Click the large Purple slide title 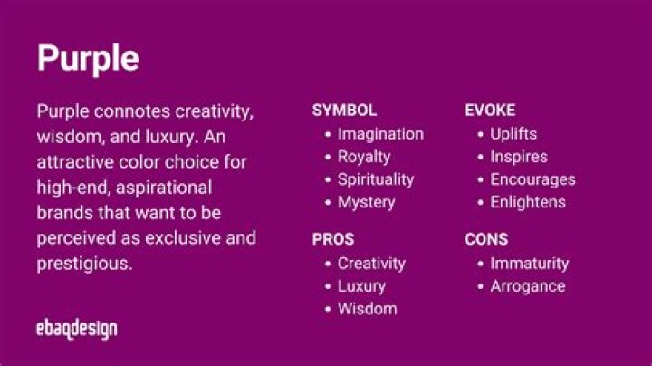click(88, 59)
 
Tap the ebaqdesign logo click(77, 328)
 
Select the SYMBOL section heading click(344, 111)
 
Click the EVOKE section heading click(490, 111)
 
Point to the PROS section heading click(333, 240)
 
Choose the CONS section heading click(486, 240)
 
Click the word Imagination click(380, 134)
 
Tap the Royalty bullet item click(364, 157)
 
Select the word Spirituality click(376, 179)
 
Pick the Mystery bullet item click(366, 202)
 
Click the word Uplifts click(513, 134)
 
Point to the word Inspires click(518, 157)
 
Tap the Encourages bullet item click(532, 179)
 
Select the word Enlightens click(527, 202)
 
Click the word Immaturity click(529, 264)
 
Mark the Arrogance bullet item click(527, 286)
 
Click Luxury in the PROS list click(361, 286)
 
